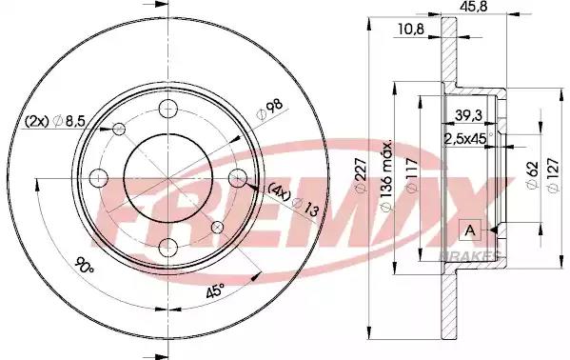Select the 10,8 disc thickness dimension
(x=411, y=30)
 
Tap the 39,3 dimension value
(x=468, y=115)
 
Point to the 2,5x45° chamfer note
(x=468, y=139)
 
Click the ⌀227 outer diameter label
(x=361, y=175)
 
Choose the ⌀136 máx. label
(x=386, y=174)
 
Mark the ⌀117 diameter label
(x=412, y=174)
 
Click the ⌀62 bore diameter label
(x=532, y=175)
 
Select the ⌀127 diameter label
(x=553, y=175)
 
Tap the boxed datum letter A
(x=470, y=230)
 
